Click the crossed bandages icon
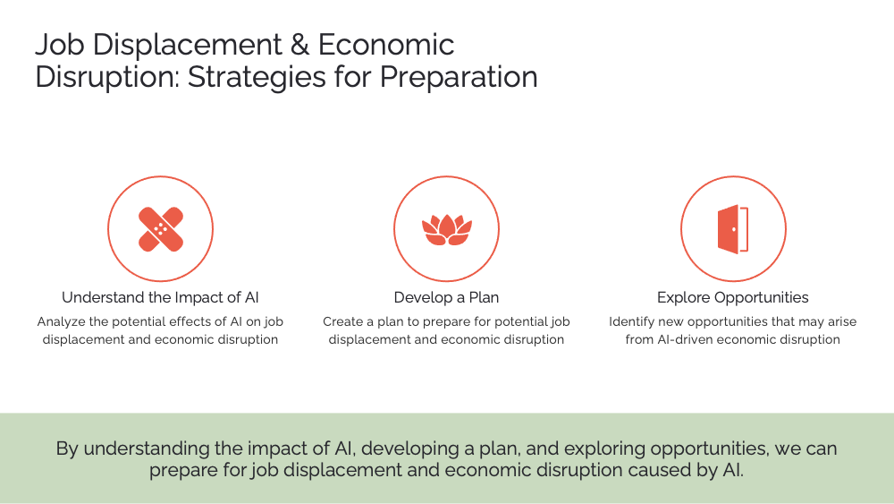point(161,229)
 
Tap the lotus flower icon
point(446,229)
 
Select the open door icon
point(733,229)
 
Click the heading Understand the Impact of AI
point(160,297)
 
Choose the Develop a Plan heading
point(446,297)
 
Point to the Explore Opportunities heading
point(732,297)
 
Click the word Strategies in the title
point(247,77)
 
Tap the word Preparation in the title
point(459,77)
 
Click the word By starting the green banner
point(67,448)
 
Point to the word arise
point(839,321)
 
